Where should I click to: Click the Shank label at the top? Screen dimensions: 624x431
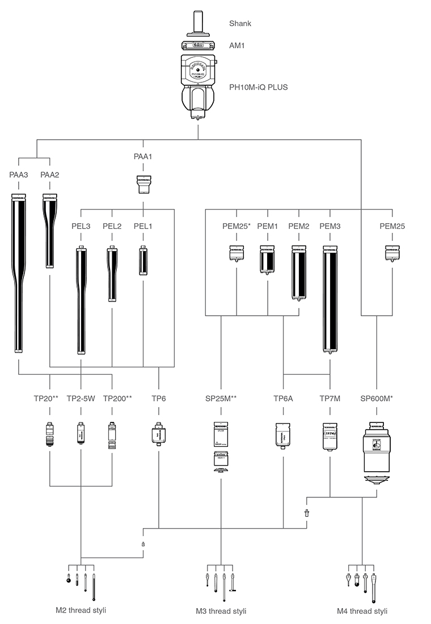[240, 23]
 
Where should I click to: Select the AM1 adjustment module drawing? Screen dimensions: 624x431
[198, 44]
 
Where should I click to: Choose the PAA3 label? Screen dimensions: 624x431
[19, 174]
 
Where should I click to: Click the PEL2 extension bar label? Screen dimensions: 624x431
[112, 227]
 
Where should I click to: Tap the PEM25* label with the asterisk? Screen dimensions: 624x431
[236, 227]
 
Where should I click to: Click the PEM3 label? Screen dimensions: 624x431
[330, 227]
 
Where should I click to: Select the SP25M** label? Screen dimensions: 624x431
[220, 398]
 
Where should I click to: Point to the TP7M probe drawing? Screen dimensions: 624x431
[330, 436]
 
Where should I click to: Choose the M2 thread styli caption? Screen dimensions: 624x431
[81, 610]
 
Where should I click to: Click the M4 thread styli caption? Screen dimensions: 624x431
[361, 611]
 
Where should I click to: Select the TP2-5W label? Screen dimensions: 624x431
[81, 398]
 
